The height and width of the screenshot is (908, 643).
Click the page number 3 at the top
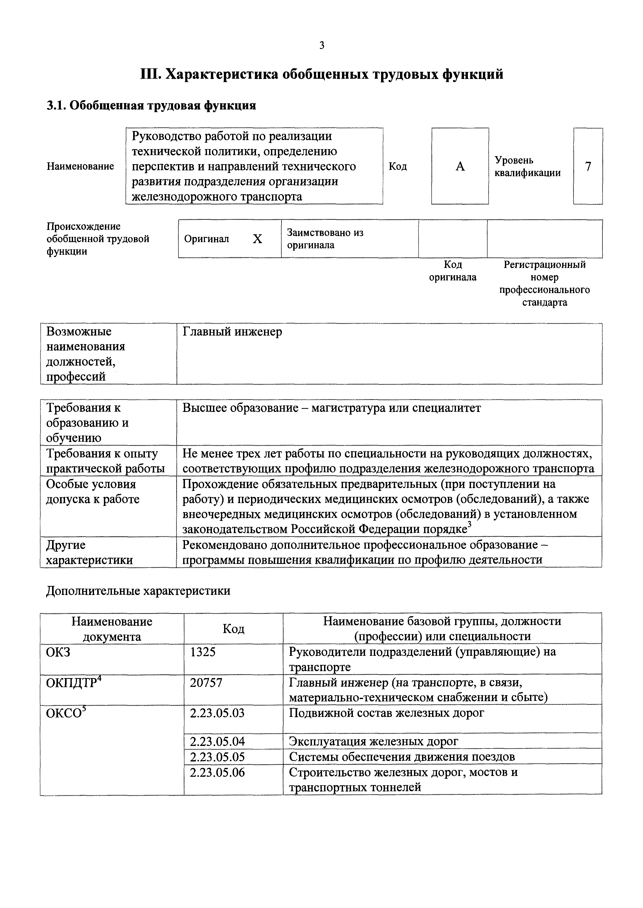pos(321,46)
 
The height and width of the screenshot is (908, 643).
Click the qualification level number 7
pos(588,166)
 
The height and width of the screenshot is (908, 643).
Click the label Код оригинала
pos(453,271)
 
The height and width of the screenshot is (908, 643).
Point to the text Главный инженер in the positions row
pos(232,332)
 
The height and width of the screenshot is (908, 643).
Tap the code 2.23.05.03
pos(217,713)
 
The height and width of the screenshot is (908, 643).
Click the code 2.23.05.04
pos(217,741)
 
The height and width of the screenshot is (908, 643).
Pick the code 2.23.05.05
pos(217,757)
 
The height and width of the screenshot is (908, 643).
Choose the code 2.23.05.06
pos(217,772)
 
